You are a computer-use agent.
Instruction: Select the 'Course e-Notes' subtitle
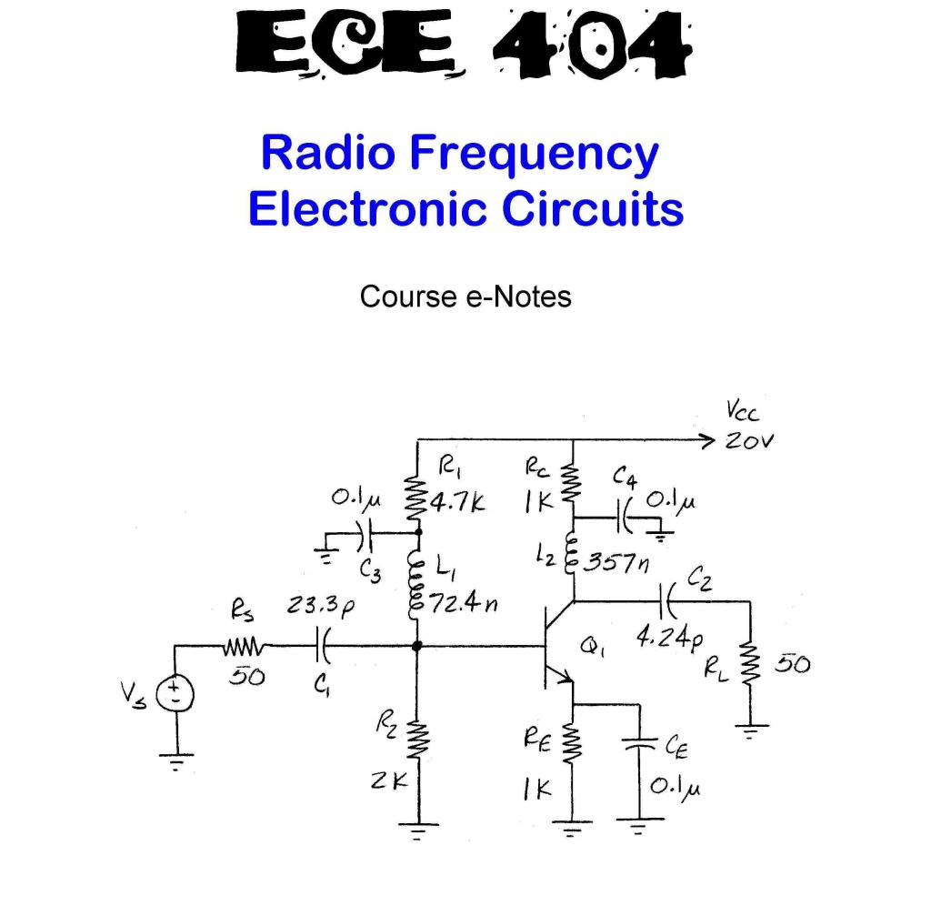(465, 297)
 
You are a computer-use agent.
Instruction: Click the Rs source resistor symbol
(243, 647)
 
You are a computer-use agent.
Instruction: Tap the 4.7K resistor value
(459, 502)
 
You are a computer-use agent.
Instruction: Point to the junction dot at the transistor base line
(417, 647)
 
